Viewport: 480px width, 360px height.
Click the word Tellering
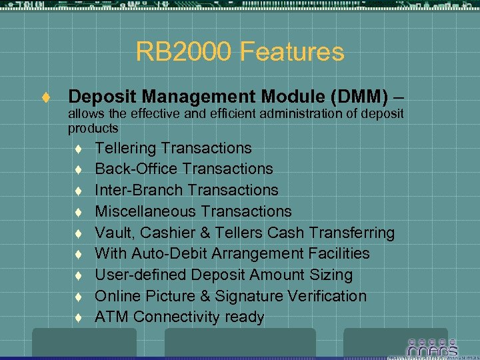(126, 148)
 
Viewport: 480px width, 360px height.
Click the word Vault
(113, 233)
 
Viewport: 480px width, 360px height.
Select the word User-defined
(141, 275)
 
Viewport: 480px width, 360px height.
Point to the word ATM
(111, 317)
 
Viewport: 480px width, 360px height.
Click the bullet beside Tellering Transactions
(78, 149)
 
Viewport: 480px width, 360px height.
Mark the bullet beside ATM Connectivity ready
(78, 318)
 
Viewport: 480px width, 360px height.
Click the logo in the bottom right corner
(432, 348)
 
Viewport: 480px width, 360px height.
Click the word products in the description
(93, 128)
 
